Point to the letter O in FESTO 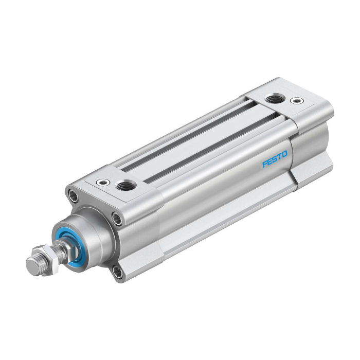pos(284,154)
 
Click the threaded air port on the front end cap pos(125,184)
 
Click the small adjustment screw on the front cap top pos(103,183)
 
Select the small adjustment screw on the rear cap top pos(297,100)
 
